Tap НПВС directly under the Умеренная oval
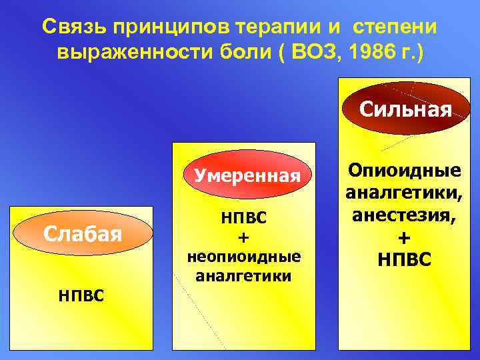click(243, 218)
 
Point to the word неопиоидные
click(243, 256)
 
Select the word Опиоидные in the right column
click(405, 171)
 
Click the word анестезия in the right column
click(403, 215)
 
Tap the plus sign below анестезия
click(404, 237)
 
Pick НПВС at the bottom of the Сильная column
click(404, 259)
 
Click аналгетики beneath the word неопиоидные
click(243, 275)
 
